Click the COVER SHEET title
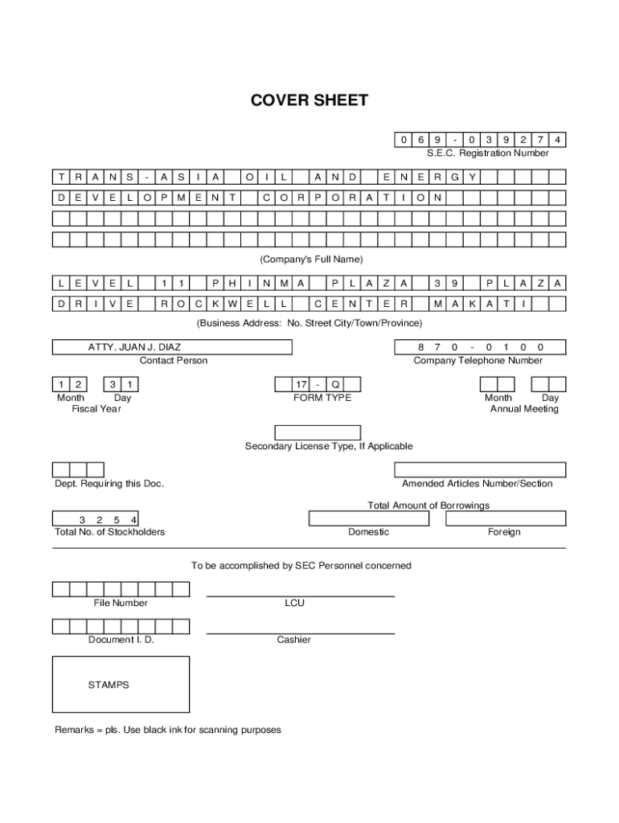point(309,100)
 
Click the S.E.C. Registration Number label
point(488,153)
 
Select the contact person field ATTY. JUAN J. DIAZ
point(172,347)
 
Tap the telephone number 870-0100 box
point(480,347)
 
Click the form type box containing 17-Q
point(318,384)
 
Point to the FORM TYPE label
point(322,398)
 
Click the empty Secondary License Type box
point(318,432)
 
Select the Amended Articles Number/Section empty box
point(480,470)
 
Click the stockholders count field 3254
point(95,519)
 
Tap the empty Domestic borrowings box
point(369,518)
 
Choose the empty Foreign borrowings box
point(505,518)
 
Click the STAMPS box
point(121,685)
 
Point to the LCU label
point(294,603)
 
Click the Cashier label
point(294,640)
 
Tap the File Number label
point(121,603)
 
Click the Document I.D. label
point(121,640)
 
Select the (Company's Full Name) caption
point(311,260)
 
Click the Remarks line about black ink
point(168,730)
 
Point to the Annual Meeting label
point(524,409)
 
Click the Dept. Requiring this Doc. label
point(109,484)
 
